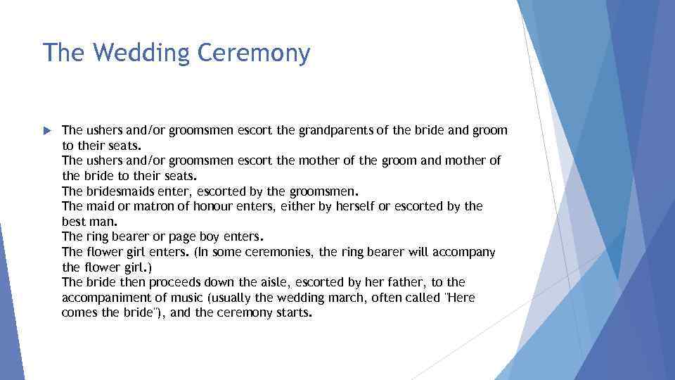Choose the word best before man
pos(74,222)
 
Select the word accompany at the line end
pos(468,252)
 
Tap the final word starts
pos(292,313)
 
